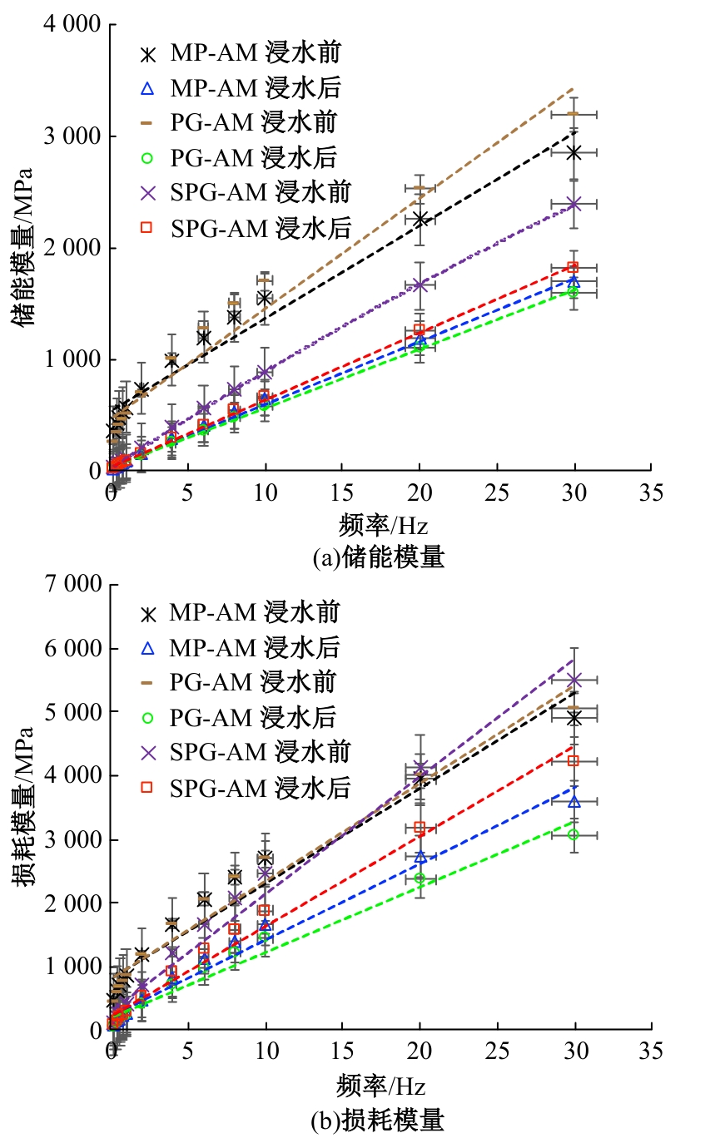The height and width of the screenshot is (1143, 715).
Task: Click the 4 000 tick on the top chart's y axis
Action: pos(72,25)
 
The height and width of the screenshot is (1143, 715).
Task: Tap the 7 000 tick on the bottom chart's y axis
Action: pos(72,585)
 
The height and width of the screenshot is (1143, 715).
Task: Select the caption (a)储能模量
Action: pos(378,557)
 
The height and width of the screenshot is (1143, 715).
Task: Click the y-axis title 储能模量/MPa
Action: pos(24,247)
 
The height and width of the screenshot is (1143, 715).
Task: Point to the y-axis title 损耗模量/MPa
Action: pos(24,807)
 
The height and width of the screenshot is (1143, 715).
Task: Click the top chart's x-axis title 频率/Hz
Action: pos(382,526)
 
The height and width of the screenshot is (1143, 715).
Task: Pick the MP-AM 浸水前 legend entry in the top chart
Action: pos(241,53)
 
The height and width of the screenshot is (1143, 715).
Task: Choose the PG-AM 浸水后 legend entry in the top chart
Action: pos(241,156)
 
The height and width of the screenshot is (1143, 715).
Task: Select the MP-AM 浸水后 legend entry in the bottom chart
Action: pos(241,647)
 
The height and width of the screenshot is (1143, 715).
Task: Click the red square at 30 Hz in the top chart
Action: pos(573,267)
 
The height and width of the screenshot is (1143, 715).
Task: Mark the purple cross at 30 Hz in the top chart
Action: pos(573,204)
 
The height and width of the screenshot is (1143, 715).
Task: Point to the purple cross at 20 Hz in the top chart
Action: pos(420,285)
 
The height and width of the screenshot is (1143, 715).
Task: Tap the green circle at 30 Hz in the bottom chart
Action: pos(573,834)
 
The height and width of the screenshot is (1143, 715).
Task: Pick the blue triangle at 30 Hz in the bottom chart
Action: pos(573,800)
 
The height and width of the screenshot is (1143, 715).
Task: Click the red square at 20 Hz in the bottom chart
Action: pos(420,827)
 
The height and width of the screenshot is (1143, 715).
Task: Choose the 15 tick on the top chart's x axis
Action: pos(343,492)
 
